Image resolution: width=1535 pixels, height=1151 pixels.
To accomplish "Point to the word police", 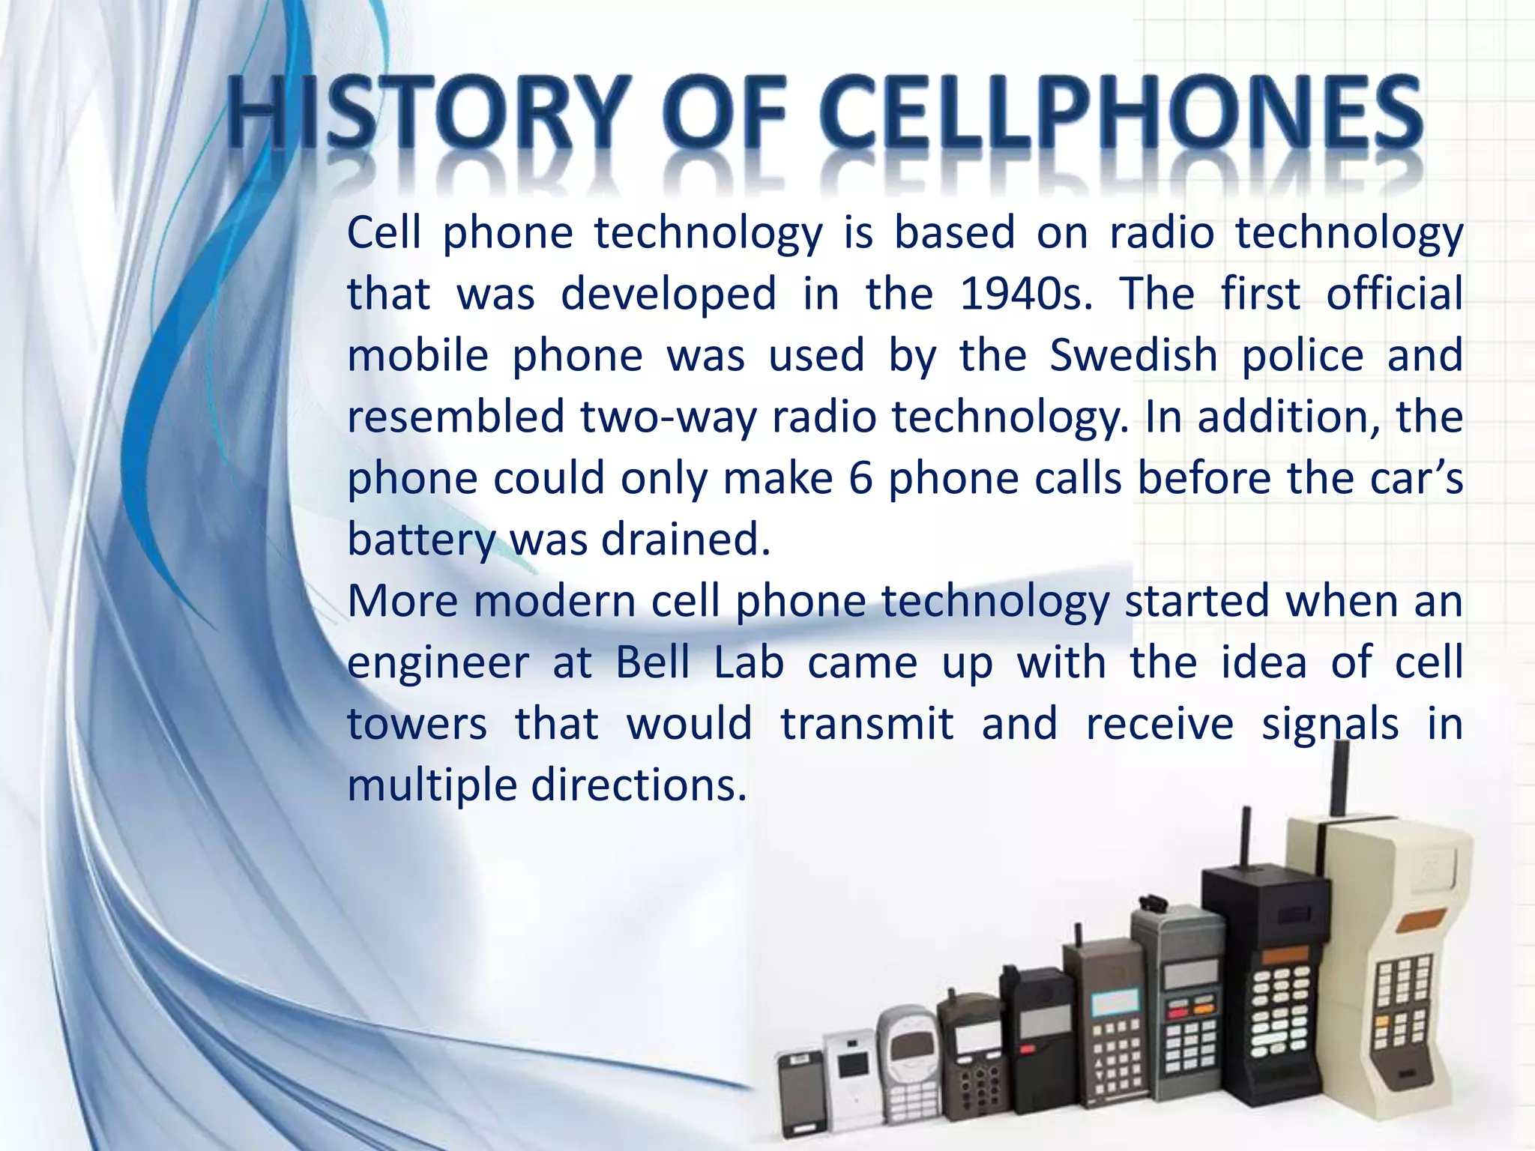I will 1303,355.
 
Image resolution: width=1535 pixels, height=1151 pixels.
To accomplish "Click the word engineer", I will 438,662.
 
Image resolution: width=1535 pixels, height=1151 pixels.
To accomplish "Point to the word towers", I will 417,724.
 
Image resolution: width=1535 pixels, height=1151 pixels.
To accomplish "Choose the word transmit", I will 867,724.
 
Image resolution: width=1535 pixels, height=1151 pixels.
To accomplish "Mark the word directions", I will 639,785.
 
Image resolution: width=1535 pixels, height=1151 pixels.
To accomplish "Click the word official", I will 1394,294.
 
